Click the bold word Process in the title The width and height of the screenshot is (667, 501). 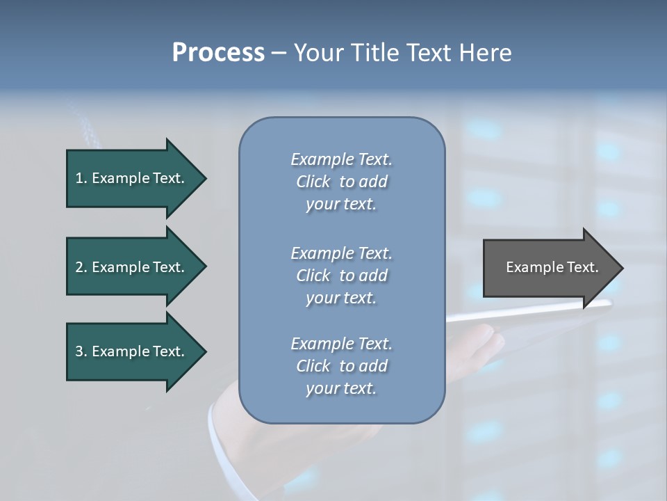[218, 53]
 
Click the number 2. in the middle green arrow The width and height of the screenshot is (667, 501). [81, 267]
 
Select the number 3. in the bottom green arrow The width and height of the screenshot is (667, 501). [81, 351]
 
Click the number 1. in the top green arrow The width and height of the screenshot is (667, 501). [81, 178]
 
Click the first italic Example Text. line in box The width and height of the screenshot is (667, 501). [341, 159]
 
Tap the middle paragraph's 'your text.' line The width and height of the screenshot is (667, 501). [341, 298]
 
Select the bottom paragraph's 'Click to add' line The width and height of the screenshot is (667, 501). [341, 366]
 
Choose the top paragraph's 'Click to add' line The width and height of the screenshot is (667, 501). [341, 182]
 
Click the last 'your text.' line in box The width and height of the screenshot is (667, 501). [341, 388]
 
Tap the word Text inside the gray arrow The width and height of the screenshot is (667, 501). [583, 267]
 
